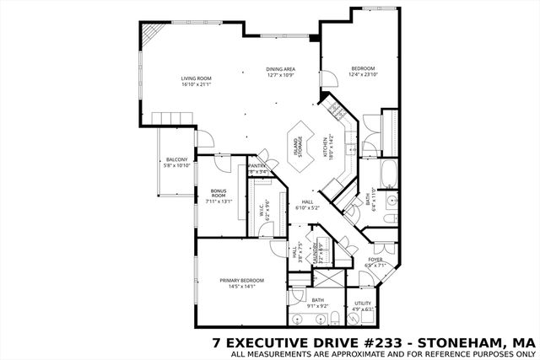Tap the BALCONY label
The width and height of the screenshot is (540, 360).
click(x=176, y=159)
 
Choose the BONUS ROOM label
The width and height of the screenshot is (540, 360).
click(x=219, y=193)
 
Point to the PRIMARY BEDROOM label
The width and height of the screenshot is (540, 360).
click(x=242, y=280)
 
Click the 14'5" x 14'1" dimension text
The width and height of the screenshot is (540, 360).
click(x=242, y=287)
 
